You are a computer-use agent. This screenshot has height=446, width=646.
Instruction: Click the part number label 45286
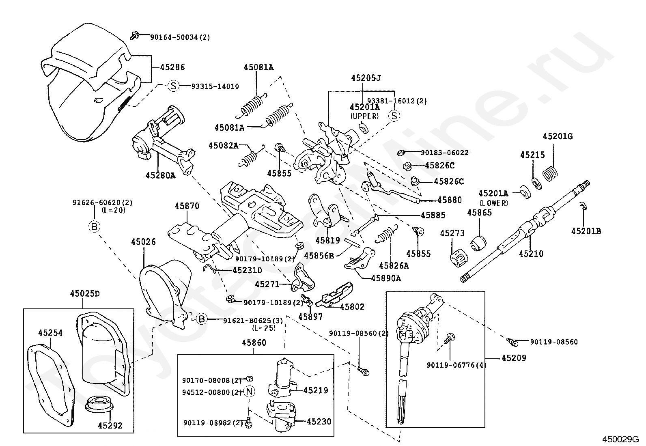coord(172,67)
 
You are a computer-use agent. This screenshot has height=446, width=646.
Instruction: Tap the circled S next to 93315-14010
coord(173,86)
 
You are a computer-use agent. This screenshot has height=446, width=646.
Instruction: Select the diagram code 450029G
coord(620,440)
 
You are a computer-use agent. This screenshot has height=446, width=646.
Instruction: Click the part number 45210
coord(531,254)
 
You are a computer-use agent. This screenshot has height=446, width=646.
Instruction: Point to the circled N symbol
coord(250,392)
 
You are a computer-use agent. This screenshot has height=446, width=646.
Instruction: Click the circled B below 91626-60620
coord(94,227)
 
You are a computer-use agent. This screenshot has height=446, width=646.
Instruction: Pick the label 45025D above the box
coord(85,294)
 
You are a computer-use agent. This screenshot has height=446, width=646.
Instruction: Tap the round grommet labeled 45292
coord(99,405)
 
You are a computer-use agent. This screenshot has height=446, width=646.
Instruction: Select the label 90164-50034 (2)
coord(180,37)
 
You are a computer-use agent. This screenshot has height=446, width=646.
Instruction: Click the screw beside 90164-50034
coord(134,35)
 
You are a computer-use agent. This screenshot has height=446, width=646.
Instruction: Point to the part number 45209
coord(514,358)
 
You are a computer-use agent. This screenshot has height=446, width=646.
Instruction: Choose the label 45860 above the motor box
coord(254,343)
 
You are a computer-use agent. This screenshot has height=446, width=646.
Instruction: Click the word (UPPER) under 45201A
coord(364,116)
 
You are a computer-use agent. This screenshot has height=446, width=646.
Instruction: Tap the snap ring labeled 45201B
coord(584,206)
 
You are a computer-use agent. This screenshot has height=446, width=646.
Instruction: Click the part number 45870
coord(187,206)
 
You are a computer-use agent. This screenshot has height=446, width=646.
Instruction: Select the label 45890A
coord(386,278)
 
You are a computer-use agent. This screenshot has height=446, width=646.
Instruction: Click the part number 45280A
coord(160,175)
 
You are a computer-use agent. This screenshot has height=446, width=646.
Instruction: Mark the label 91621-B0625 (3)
coord(253,321)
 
